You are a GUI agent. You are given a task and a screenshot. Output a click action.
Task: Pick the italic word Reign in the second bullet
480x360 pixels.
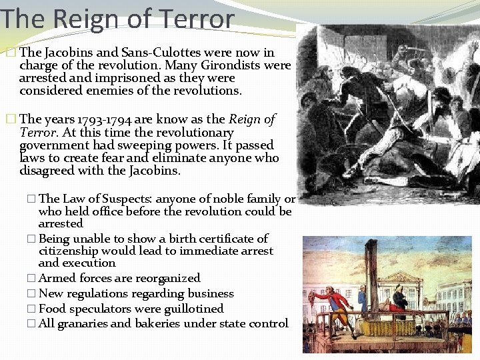(245, 119)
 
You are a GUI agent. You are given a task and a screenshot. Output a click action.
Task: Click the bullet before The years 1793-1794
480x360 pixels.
(10, 119)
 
